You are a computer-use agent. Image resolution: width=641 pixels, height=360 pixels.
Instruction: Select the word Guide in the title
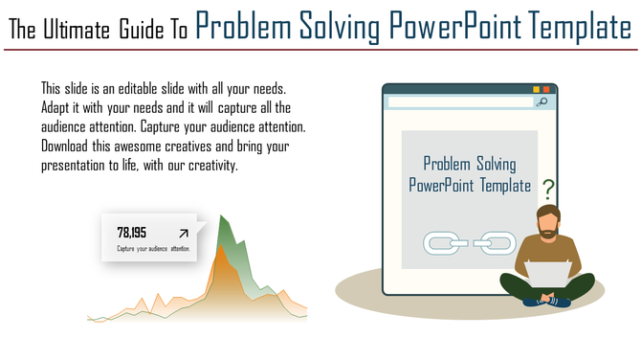[x=142, y=30]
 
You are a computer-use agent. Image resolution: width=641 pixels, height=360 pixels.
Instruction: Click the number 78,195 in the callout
[x=132, y=232]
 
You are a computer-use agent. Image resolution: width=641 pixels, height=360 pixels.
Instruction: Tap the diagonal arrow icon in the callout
[x=183, y=233]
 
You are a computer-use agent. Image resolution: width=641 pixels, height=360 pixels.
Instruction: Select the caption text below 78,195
[x=153, y=249]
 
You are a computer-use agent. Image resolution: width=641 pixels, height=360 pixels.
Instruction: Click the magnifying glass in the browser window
[x=542, y=101]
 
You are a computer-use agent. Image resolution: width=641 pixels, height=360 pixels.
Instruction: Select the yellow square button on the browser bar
[x=536, y=89]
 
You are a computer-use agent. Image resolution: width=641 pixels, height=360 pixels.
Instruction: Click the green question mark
[x=548, y=187]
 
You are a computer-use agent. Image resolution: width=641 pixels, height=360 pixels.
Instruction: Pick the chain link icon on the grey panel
[x=470, y=243]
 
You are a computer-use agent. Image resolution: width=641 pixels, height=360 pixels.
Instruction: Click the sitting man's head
[x=547, y=220]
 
